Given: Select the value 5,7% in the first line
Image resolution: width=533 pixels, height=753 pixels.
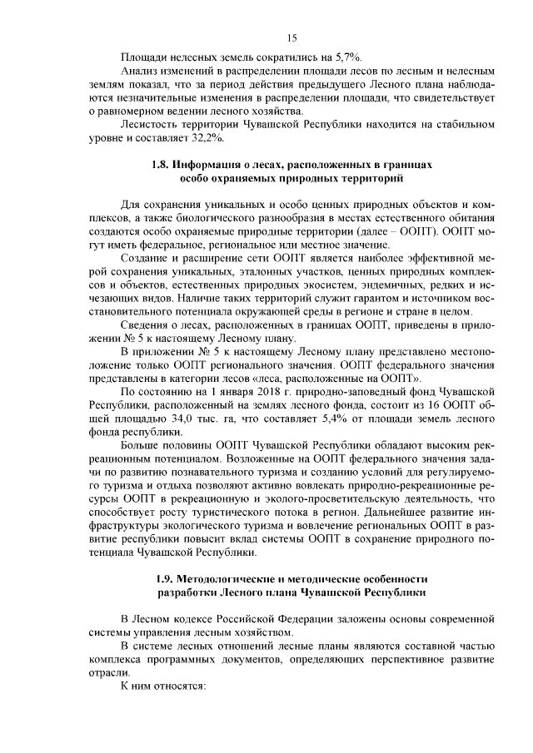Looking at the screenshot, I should (x=347, y=57).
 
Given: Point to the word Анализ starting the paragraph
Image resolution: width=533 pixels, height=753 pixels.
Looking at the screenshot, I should (x=142, y=70).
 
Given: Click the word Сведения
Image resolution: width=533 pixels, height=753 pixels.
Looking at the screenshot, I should (x=147, y=324).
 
